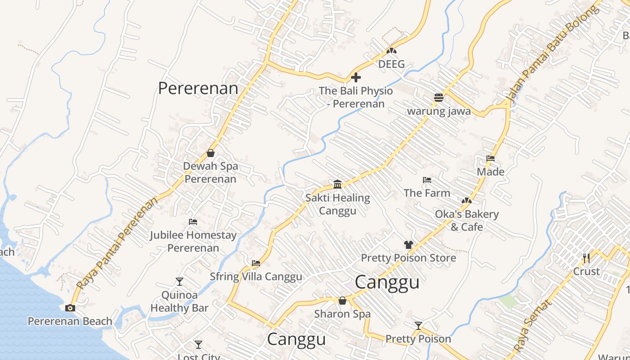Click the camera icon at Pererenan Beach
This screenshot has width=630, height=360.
(x=70, y=308)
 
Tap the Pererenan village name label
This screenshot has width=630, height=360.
(x=198, y=88)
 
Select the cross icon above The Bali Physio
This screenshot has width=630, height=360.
(x=356, y=77)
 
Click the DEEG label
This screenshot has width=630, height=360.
(x=391, y=64)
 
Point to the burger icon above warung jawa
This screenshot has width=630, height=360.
(x=439, y=97)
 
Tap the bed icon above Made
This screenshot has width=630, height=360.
(x=490, y=158)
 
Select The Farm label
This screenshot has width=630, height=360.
(x=427, y=193)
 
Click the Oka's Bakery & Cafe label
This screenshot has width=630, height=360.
(x=467, y=220)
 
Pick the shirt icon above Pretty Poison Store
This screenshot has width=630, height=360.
(x=408, y=245)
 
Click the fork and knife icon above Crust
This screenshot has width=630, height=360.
(x=586, y=258)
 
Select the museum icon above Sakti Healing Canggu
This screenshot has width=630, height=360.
(x=337, y=184)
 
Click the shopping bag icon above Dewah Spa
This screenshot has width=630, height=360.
(x=210, y=153)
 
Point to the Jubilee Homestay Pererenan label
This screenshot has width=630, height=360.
(x=193, y=241)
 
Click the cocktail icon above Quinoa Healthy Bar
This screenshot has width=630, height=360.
(x=180, y=282)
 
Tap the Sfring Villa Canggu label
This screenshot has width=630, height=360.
(x=256, y=276)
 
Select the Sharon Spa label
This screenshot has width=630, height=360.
(x=342, y=314)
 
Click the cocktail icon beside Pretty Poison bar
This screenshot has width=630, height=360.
(x=418, y=325)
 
